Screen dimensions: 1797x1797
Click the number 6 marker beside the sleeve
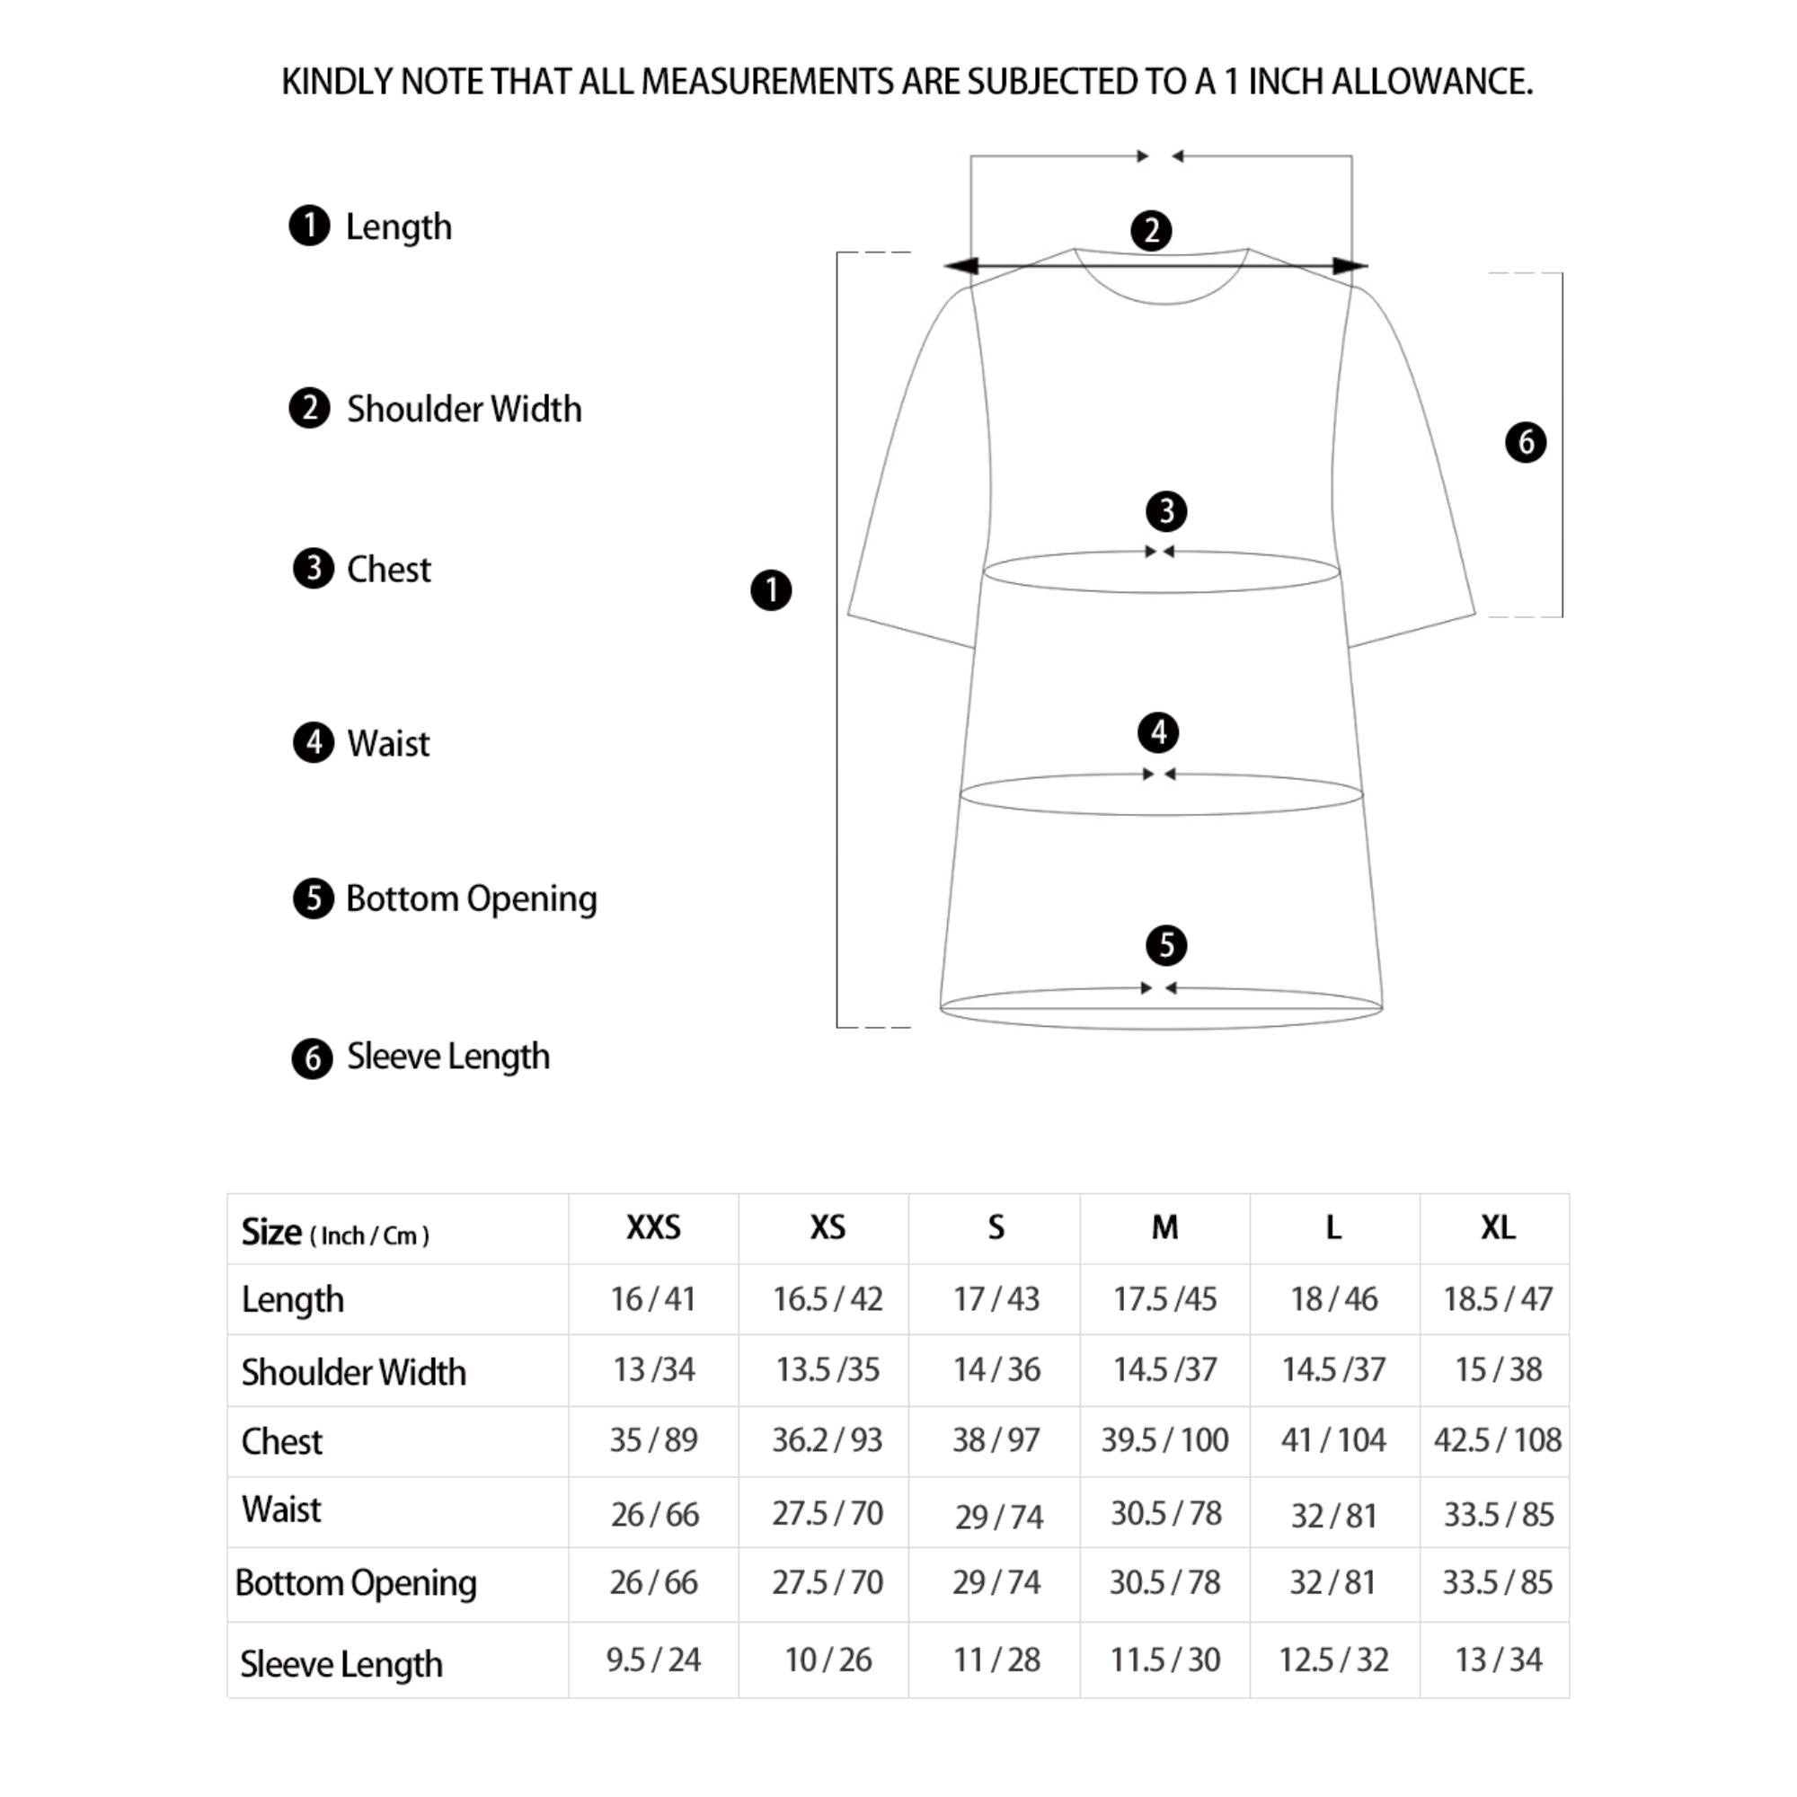(x=1526, y=442)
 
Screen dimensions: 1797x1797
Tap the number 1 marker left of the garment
(x=770, y=590)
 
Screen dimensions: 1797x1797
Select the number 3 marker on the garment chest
(x=1165, y=510)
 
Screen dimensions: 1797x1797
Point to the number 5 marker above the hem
(x=1165, y=945)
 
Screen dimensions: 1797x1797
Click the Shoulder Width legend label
(x=464, y=409)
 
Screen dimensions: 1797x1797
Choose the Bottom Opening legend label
(x=471, y=898)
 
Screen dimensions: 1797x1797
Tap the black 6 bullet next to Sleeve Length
(x=313, y=1058)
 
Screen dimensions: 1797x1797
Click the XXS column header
(x=653, y=1227)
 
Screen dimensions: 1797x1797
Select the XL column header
(x=1498, y=1227)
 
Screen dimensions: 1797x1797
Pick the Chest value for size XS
(x=827, y=1439)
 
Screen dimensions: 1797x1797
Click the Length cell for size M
(x=1164, y=1298)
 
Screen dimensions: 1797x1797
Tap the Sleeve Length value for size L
(x=1332, y=1660)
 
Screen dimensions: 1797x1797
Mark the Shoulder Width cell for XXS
(x=653, y=1369)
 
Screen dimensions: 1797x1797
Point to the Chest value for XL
(x=1497, y=1439)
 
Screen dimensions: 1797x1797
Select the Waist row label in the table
(x=281, y=1509)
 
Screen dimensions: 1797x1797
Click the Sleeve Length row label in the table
(x=341, y=1664)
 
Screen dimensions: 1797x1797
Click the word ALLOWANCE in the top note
(x=1431, y=83)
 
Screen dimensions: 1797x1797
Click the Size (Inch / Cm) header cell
(x=335, y=1233)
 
